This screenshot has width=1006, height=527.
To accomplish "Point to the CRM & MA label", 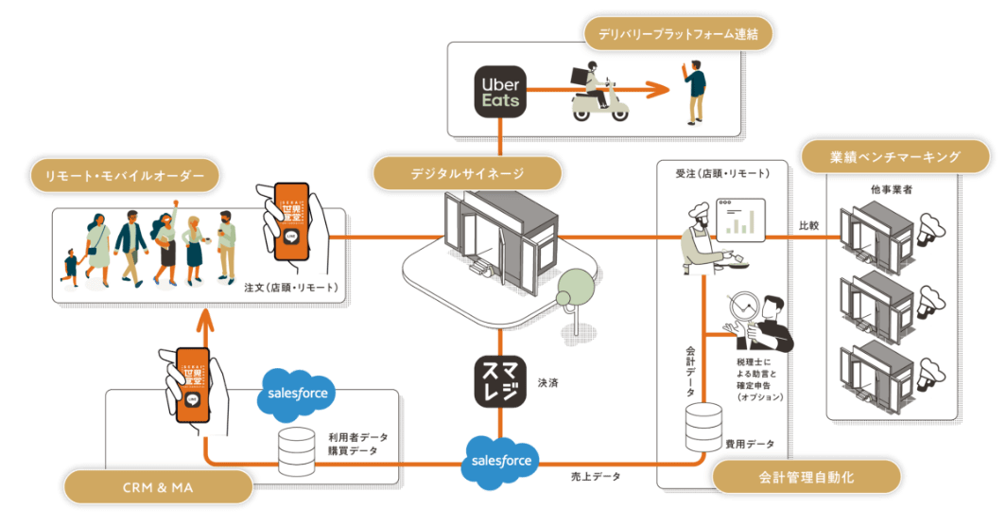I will (157, 488).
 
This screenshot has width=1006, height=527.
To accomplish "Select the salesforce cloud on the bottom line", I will (501, 462).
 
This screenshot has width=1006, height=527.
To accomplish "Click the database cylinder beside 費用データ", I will (704, 427).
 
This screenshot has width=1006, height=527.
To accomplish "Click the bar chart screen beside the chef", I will (740, 220).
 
